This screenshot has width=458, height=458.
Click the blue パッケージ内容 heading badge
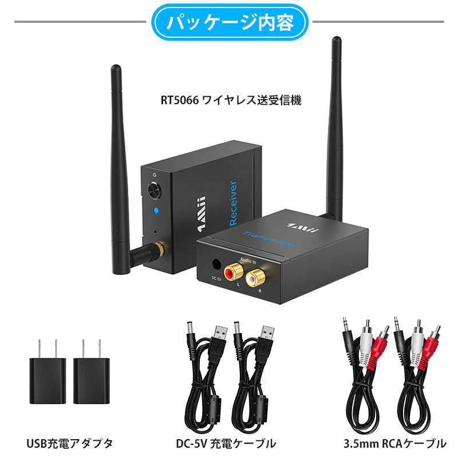pos(229,22)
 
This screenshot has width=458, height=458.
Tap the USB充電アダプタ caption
pos(69,443)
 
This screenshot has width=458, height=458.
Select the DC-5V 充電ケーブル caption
pos(226,443)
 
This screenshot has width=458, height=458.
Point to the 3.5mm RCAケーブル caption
pos(395,443)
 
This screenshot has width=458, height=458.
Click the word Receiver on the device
pos(233,203)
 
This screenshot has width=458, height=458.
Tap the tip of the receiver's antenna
pos(115,69)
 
